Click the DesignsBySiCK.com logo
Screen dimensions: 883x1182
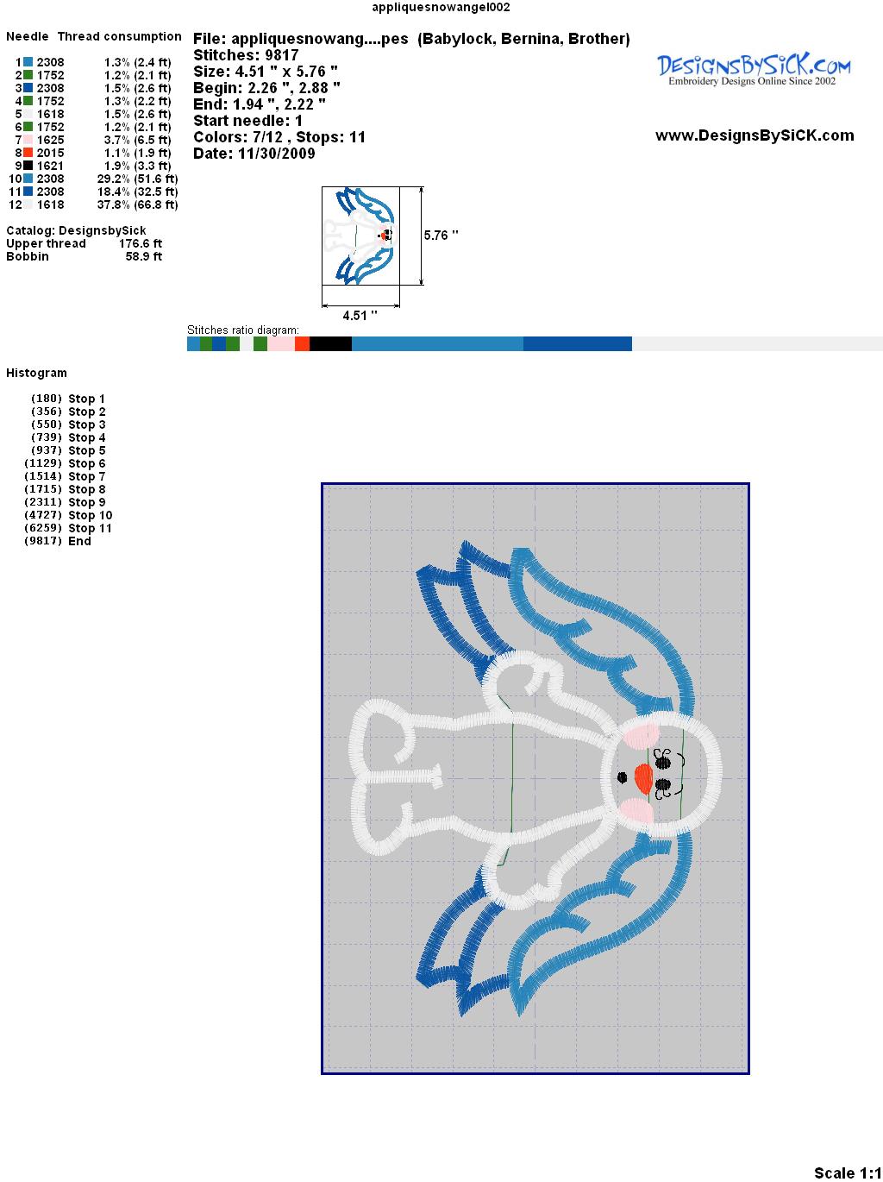[754, 70]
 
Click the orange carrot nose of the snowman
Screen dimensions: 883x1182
[643, 777]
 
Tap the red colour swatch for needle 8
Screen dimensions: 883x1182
[28, 153]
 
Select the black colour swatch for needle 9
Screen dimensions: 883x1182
[28, 166]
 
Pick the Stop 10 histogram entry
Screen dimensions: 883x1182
[68, 515]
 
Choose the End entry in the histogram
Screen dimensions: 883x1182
[58, 541]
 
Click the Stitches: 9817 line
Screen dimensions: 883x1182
[246, 55]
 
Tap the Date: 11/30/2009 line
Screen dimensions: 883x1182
[254, 154]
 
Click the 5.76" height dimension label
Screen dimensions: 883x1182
[441, 236]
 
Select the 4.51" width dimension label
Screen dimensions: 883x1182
[360, 315]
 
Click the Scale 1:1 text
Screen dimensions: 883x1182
[848, 1168]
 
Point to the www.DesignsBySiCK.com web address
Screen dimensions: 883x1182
[755, 135]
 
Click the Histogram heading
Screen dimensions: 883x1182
[36, 374]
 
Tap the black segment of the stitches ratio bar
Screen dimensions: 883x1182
[330, 343]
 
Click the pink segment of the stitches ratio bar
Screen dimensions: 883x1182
[281, 343]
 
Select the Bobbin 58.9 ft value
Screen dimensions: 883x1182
[84, 256]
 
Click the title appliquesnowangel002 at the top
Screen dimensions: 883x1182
[441, 7]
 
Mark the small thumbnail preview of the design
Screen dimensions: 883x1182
[360, 236]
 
